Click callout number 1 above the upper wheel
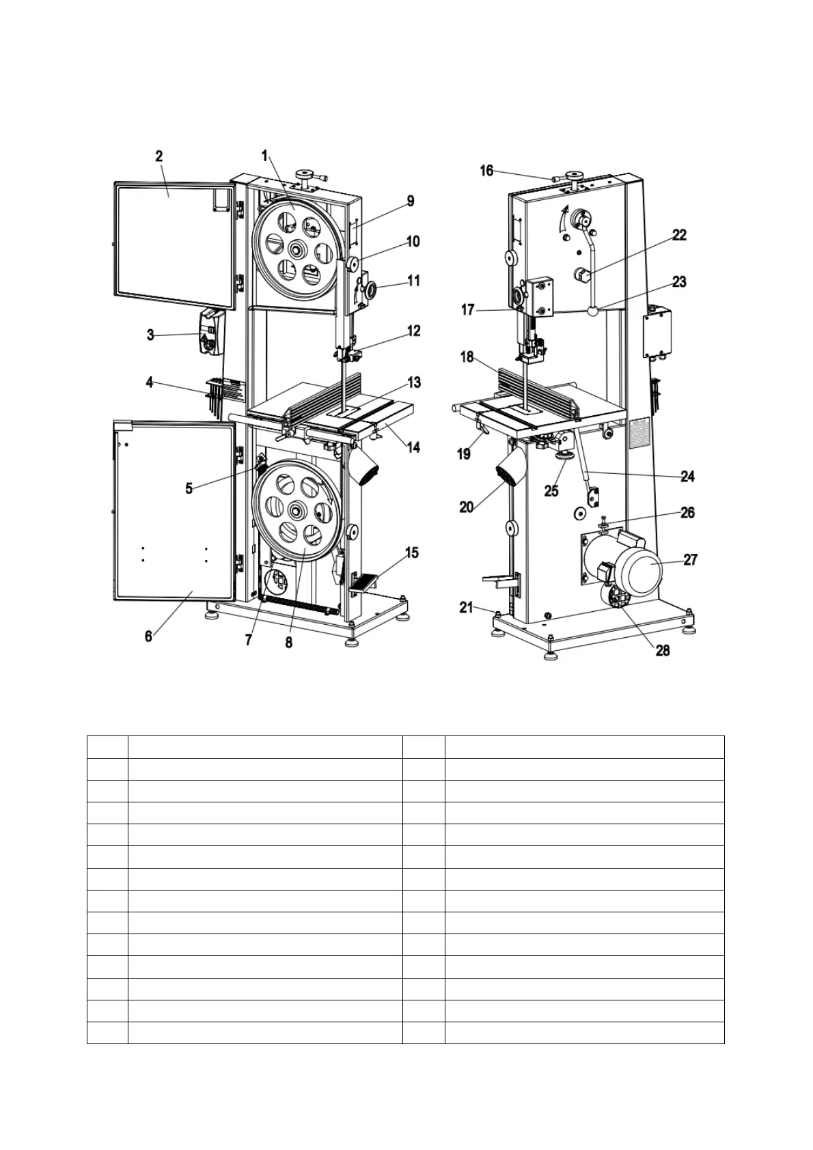[264, 156]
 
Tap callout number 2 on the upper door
[159, 156]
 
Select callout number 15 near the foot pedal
[412, 552]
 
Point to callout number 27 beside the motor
[691, 560]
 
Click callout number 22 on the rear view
[679, 235]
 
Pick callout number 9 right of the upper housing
[410, 201]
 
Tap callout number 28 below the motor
[662, 650]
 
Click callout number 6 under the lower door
[148, 636]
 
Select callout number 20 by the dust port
[467, 507]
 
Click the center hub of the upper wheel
[296, 249]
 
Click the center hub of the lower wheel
[296, 509]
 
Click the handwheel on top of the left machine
[304, 173]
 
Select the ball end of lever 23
[592, 311]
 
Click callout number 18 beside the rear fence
[467, 357]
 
